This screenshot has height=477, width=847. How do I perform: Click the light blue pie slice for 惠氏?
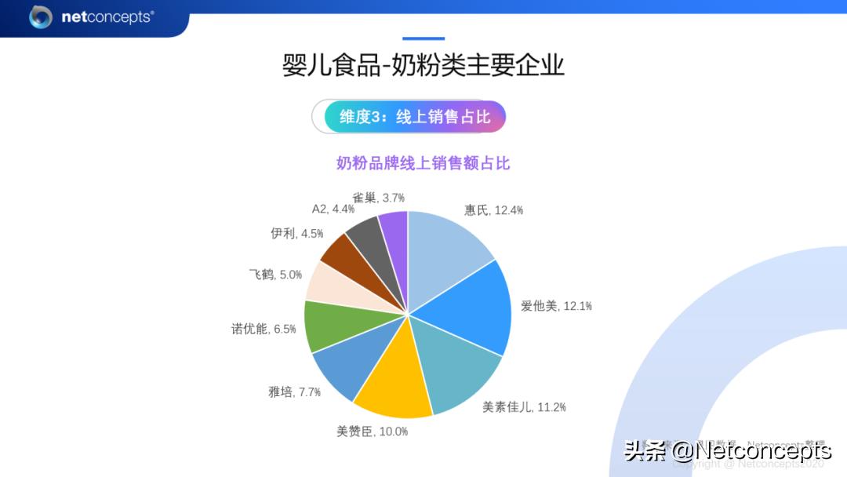447,251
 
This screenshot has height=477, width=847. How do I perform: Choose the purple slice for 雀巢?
395,228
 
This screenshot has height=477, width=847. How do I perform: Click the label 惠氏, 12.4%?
493,210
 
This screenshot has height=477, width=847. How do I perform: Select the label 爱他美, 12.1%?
556,306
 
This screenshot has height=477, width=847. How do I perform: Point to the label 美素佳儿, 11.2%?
524,407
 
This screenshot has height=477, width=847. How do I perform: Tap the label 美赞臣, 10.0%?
372,431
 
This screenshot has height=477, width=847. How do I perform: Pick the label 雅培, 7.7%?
294,391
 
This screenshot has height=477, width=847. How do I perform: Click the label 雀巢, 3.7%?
378,198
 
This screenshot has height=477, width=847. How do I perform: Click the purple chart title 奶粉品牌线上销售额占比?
423,163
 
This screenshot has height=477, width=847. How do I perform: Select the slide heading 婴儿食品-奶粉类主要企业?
423,65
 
